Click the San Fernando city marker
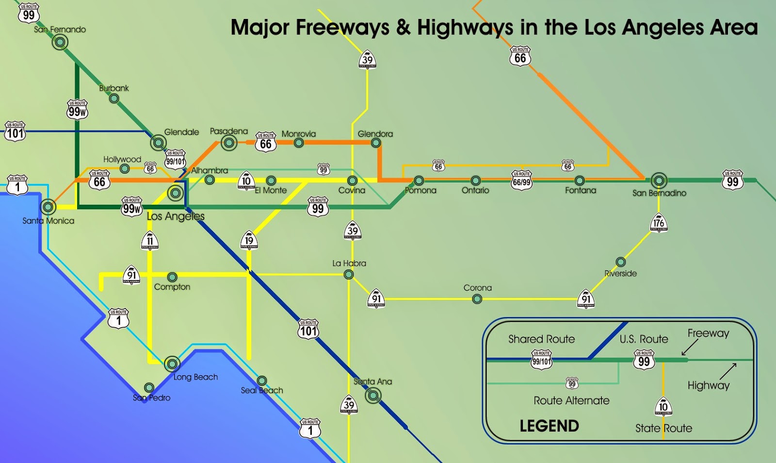click(x=60, y=43)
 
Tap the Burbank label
click(x=114, y=88)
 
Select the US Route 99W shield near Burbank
click(x=77, y=110)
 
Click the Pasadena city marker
click(x=229, y=143)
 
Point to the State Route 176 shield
click(x=658, y=223)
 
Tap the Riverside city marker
click(x=620, y=262)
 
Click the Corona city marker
click(x=477, y=299)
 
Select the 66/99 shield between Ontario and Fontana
click(x=521, y=180)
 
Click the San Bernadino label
click(x=659, y=193)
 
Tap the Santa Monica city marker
click(x=48, y=207)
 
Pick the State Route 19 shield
click(x=249, y=240)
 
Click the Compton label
click(x=172, y=287)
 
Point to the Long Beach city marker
click(x=172, y=364)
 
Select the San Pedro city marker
click(x=149, y=387)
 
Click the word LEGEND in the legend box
click(x=549, y=426)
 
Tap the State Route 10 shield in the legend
click(x=663, y=407)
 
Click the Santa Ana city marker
click(x=372, y=396)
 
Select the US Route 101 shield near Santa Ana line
click(x=308, y=330)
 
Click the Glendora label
click(x=375, y=134)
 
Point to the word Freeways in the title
click(x=342, y=28)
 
